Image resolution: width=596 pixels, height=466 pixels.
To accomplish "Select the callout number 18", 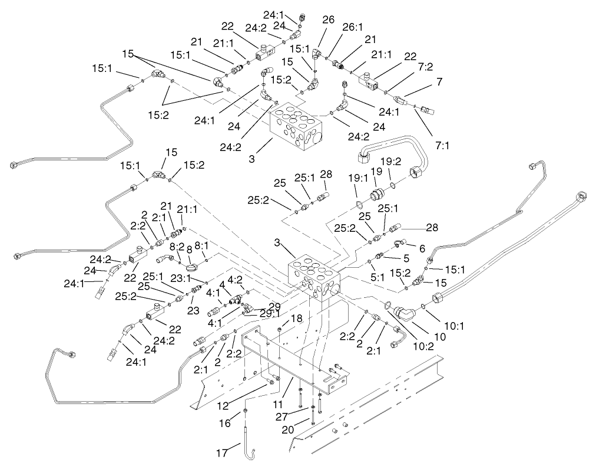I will [296, 318].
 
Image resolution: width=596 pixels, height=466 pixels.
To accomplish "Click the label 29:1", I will [270, 313].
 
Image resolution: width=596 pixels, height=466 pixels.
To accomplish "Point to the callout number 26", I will [328, 19].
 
